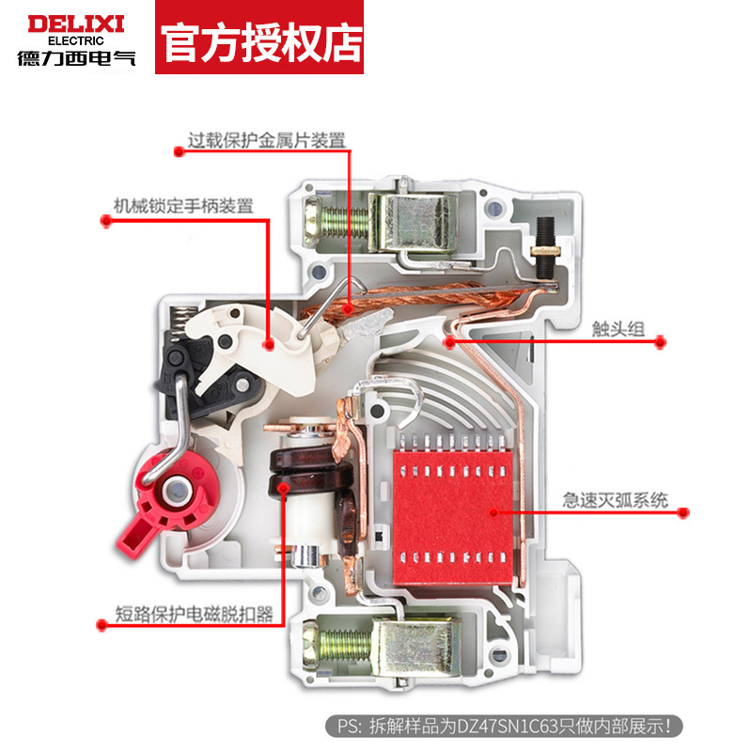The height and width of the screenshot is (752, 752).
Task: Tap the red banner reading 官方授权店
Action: click(259, 39)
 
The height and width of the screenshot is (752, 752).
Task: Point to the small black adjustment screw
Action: click(543, 246)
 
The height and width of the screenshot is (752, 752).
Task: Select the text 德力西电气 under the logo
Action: click(76, 57)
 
